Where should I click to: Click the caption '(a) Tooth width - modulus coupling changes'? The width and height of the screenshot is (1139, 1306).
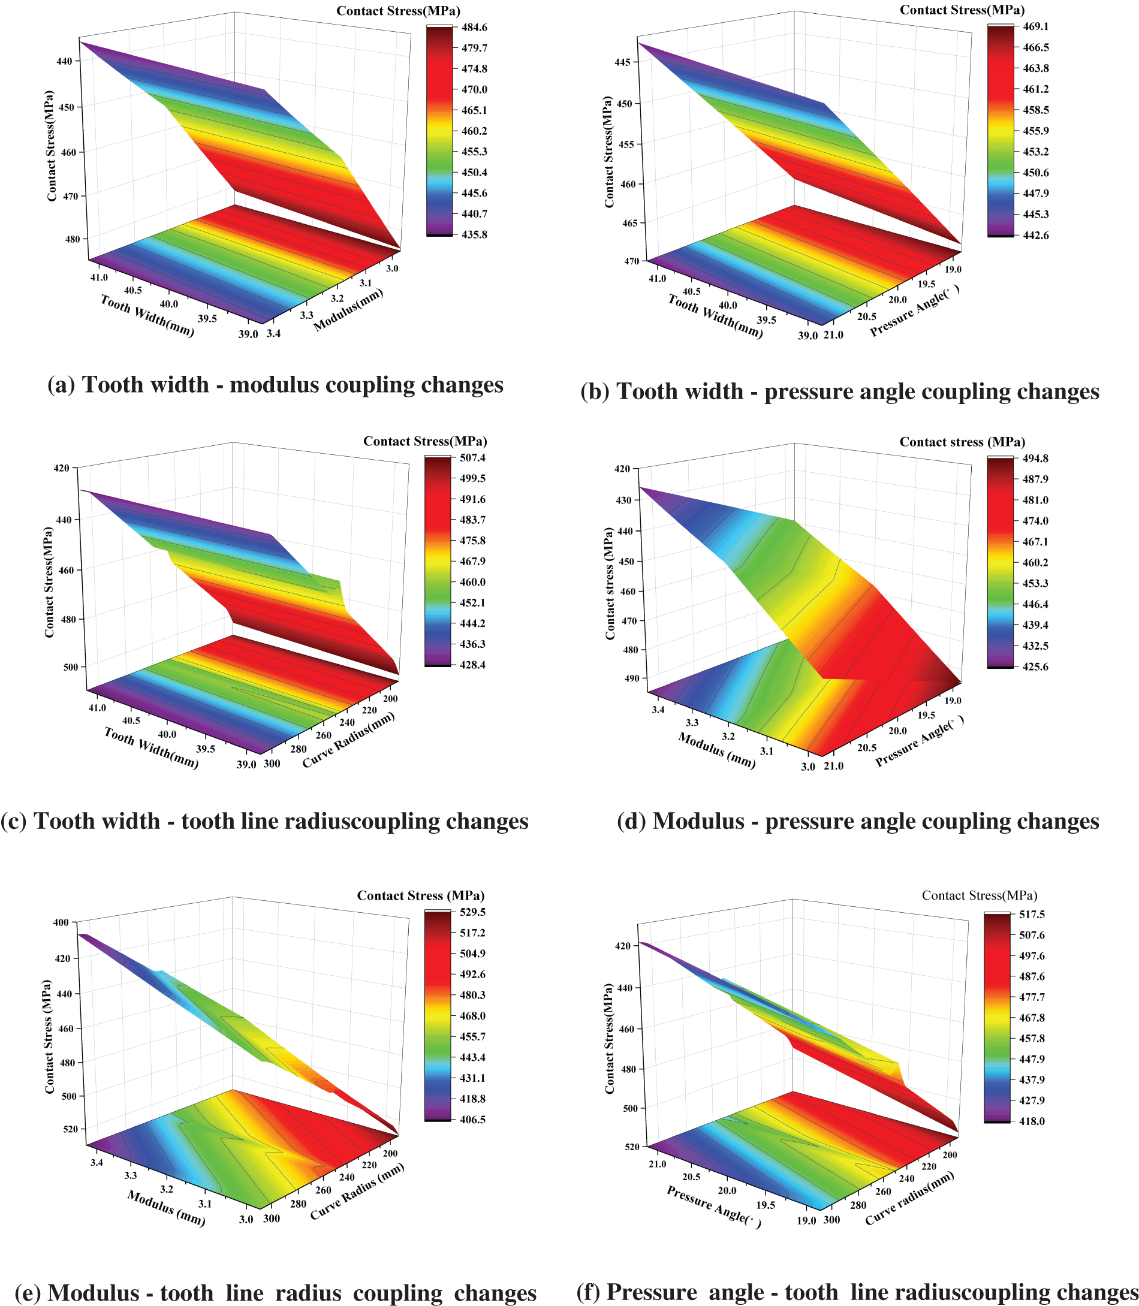tap(275, 385)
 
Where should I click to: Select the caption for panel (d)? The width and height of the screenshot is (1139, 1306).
tap(858, 821)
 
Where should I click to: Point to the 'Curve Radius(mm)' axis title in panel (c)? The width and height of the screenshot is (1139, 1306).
tap(348, 739)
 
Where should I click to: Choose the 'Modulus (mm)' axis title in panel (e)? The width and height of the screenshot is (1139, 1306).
tap(166, 1208)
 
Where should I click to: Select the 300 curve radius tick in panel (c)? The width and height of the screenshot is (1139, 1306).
tap(272, 764)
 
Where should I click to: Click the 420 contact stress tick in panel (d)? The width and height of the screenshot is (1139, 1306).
tap(622, 469)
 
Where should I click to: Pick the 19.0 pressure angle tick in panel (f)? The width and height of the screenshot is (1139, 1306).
tap(805, 1220)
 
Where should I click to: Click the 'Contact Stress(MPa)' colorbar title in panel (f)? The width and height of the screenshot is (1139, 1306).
tap(979, 895)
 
